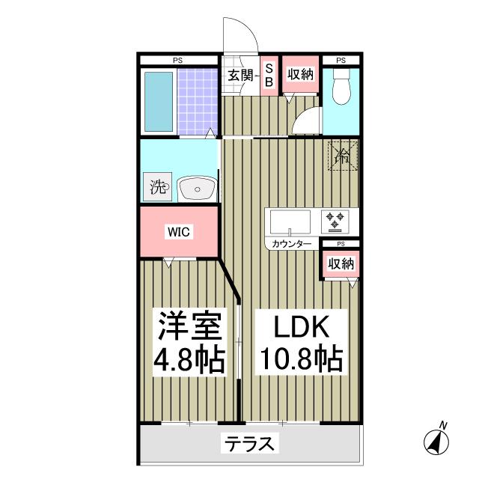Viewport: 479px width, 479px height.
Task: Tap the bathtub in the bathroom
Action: pyautogui.click(x=158, y=103)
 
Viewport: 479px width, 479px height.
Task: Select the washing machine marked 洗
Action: pyautogui.click(x=158, y=187)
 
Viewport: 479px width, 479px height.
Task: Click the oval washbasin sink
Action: pyautogui.click(x=197, y=189)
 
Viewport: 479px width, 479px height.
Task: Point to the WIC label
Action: pyautogui.click(x=179, y=232)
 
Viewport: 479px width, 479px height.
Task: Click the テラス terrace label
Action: pyautogui.click(x=250, y=444)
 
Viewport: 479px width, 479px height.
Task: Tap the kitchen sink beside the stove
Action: pyautogui.click(x=290, y=222)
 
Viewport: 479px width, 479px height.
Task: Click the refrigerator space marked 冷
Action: pyautogui.click(x=342, y=156)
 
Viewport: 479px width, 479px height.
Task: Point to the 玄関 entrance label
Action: pyautogui.click(x=239, y=74)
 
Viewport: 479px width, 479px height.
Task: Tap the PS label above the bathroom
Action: pyautogui.click(x=177, y=60)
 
